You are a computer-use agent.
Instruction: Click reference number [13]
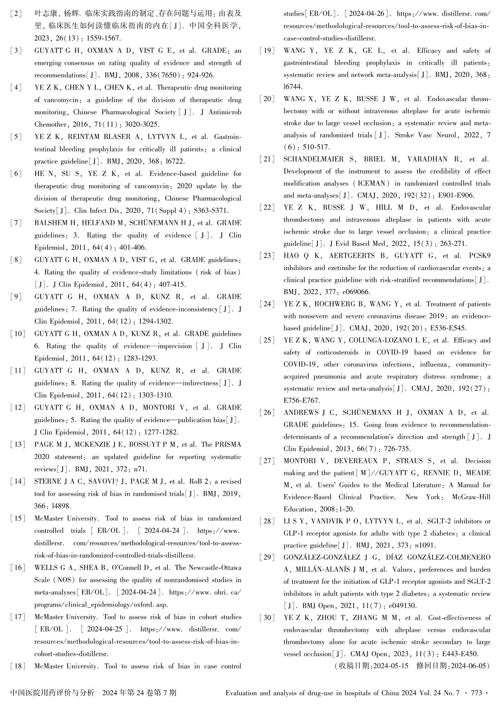[18, 444]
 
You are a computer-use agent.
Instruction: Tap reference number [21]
[267, 159]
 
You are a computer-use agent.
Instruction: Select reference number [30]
[267, 618]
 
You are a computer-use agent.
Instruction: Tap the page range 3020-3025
[142, 124]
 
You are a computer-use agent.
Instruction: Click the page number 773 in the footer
[476, 693]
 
